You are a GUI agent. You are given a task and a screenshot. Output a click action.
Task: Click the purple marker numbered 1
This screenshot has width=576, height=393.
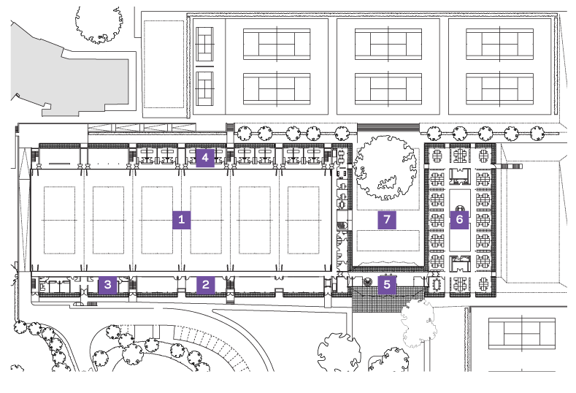pyautogui.click(x=182, y=219)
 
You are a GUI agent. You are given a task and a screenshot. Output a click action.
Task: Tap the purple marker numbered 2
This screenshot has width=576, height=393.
pyautogui.click(x=205, y=285)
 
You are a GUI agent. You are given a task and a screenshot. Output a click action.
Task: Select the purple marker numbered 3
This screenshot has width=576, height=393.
pyautogui.click(x=107, y=285)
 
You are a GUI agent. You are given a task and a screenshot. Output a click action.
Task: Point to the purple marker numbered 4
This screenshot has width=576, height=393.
pyautogui.click(x=205, y=158)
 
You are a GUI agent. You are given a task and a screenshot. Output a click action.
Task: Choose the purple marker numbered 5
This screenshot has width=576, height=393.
pyautogui.click(x=387, y=285)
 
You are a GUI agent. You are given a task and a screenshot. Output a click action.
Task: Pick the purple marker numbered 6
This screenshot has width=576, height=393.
pyautogui.click(x=459, y=219)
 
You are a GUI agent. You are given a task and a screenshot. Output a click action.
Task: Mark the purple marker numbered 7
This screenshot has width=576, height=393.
pyautogui.click(x=387, y=219)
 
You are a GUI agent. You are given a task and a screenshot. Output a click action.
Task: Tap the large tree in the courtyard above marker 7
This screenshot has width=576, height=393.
pyautogui.click(x=385, y=167)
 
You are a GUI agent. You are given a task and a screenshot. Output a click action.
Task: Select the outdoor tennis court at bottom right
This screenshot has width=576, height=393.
pyautogui.click(x=522, y=334)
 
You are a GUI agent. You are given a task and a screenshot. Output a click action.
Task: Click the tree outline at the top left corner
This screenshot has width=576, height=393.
pyautogui.click(x=99, y=24)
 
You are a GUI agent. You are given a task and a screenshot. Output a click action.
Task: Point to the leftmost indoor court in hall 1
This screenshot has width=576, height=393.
pyautogui.click(x=60, y=220)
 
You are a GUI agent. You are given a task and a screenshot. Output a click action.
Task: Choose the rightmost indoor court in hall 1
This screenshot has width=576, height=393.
pyautogui.click(x=304, y=220)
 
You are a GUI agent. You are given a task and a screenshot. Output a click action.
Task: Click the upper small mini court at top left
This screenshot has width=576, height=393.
pyautogui.click(x=204, y=44)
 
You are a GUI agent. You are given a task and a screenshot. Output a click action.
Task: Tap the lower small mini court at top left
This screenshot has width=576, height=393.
pyautogui.click(x=204, y=88)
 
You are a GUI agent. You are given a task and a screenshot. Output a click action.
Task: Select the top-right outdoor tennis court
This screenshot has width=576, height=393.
pyautogui.click(x=499, y=44)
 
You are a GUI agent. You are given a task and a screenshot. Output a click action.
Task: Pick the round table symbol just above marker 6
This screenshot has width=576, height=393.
pyautogui.click(x=460, y=208)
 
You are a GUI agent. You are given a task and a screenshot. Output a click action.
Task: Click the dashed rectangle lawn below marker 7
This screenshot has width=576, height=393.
pyautogui.click(x=388, y=240)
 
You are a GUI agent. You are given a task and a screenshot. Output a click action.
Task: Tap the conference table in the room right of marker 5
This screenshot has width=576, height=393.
pyautogui.click(x=437, y=284)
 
